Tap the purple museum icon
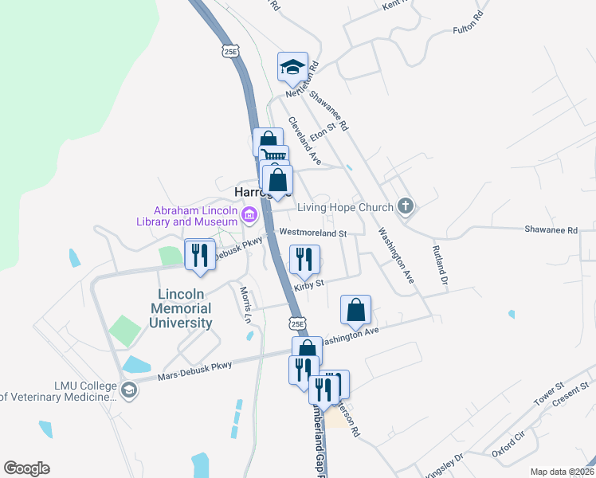(x=249, y=214)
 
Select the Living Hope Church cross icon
(x=406, y=207)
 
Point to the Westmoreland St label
(x=312, y=233)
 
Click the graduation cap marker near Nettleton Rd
(x=292, y=67)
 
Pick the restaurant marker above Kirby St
(x=304, y=258)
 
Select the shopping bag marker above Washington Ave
(x=356, y=310)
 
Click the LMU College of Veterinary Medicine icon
(x=129, y=390)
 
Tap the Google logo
(x=26, y=468)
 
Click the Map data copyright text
(x=562, y=472)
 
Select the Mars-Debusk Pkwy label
(x=194, y=370)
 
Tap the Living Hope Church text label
(x=345, y=208)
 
